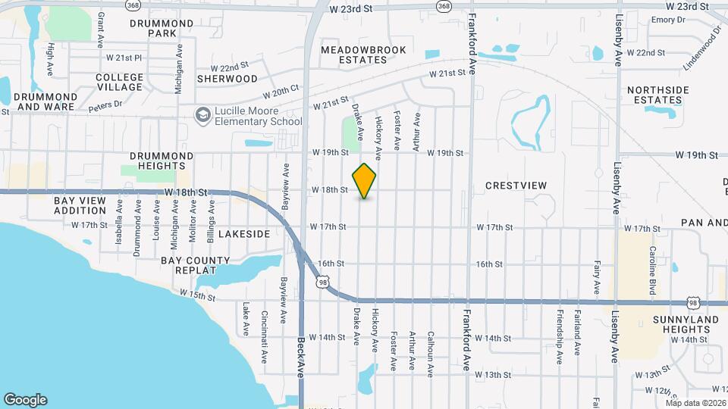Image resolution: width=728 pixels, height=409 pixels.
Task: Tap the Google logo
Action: pyautogui.click(x=25, y=399)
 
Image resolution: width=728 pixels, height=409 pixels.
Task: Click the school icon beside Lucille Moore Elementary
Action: pyautogui.click(x=202, y=115)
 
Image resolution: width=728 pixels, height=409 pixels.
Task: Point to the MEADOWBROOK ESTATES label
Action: pyautogui.click(x=363, y=55)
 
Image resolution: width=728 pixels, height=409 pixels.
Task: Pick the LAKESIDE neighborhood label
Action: pyautogui.click(x=244, y=235)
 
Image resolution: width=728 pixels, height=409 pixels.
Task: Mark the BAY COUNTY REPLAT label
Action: pyautogui.click(x=195, y=265)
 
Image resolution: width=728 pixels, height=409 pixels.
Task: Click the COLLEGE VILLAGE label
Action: pyautogui.click(x=120, y=82)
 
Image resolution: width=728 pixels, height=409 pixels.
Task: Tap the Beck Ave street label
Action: pyautogui.click(x=301, y=357)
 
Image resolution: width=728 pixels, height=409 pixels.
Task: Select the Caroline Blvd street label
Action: pyautogui.click(x=651, y=270)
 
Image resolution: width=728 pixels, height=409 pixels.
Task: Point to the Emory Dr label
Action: pyautogui.click(x=667, y=20)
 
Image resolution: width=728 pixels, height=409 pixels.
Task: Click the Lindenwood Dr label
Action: pyautogui.click(x=702, y=48)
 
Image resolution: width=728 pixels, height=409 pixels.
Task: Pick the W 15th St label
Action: pyautogui.click(x=197, y=294)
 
